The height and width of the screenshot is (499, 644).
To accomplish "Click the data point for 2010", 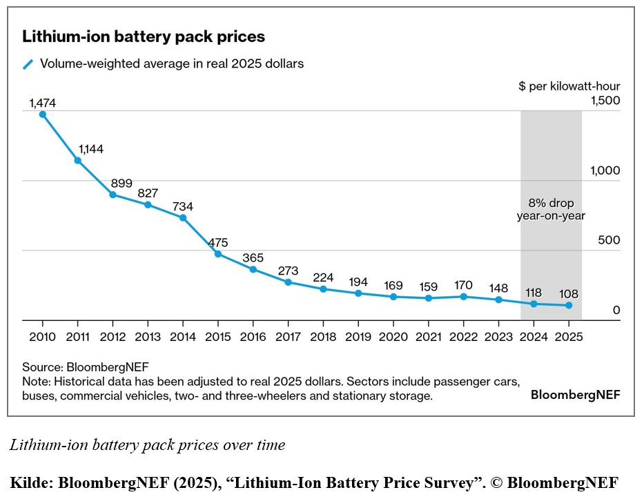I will coord(43,115).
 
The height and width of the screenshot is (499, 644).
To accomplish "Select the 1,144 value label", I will coord(91,148).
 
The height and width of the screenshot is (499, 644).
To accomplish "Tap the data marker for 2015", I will coord(218,254).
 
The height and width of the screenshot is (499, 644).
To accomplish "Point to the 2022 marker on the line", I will coord(463,297).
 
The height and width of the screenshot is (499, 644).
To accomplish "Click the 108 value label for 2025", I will coord(569,292).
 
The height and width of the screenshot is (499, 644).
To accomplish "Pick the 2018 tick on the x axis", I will coord(323,337).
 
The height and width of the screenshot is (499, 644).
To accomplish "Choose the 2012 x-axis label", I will coord(113,337).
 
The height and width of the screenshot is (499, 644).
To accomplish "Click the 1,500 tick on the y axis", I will coord(605,101).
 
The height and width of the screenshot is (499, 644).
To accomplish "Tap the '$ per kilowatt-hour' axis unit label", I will coord(569,86).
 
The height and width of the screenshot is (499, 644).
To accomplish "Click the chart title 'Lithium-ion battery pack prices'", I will coord(144,37).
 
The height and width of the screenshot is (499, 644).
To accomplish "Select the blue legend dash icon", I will coord(28,64).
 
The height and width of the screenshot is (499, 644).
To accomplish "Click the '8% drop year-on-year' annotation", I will coord(551,209).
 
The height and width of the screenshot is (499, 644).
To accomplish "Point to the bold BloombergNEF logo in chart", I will coord(575,395).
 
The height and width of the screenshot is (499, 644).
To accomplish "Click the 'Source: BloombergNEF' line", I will coord(86,366).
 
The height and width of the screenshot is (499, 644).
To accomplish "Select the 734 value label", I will coord(183,206).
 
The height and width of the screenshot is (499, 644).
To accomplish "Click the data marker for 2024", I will coord(534,304).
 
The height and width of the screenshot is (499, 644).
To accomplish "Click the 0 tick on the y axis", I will coord(616,311).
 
